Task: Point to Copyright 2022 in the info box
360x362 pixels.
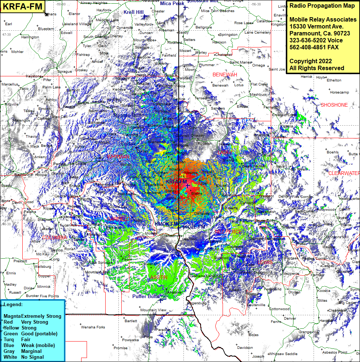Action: point(311,61)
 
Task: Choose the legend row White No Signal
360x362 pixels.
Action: point(23,357)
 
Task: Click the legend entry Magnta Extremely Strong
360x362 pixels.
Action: point(32,316)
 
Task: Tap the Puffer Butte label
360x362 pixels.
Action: point(146,297)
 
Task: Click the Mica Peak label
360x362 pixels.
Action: point(172,3)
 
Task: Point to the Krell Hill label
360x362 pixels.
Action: point(133,12)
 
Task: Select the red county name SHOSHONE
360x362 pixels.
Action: point(334,105)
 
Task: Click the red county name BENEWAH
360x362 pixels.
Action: point(225,75)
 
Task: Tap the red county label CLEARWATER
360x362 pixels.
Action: point(344,173)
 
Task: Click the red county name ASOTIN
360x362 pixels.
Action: point(159,278)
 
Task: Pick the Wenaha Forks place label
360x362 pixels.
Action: point(93,327)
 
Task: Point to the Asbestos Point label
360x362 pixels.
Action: point(335,352)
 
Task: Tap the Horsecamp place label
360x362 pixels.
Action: point(339,92)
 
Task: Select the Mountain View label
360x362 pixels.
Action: point(153,310)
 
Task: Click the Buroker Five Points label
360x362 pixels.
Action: point(42,296)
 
